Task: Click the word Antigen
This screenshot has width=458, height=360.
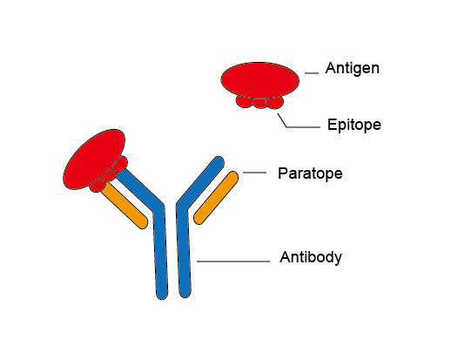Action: tap(353, 69)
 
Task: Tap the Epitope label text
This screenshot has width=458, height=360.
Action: tap(354, 126)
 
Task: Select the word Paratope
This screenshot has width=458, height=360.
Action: tap(310, 173)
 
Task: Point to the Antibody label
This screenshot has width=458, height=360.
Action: tap(311, 258)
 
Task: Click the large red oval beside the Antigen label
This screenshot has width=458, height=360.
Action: tap(260, 79)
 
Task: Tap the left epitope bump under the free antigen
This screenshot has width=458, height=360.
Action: tap(244, 102)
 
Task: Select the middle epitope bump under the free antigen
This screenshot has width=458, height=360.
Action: tap(259, 103)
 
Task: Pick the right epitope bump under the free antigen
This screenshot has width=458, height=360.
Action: tap(275, 102)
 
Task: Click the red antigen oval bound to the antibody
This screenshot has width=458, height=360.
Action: tap(93, 159)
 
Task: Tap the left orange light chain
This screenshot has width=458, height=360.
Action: tap(125, 206)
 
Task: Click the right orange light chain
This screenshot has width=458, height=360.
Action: tap(216, 198)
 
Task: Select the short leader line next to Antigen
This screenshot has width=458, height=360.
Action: tap(312, 73)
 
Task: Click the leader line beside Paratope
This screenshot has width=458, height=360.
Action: tap(254, 173)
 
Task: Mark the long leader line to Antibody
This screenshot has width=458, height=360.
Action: tap(233, 262)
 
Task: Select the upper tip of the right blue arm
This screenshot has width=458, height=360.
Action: tap(219, 162)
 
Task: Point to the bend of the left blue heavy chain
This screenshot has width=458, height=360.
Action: tap(158, 207)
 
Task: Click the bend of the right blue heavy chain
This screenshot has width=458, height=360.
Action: tap(182, 206)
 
